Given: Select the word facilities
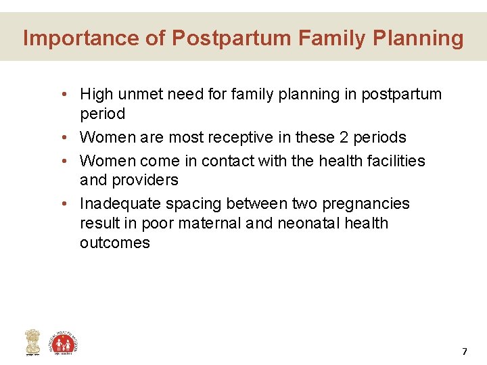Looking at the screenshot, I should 394,161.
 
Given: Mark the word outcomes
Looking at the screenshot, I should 114,243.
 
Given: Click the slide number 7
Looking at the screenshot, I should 464,351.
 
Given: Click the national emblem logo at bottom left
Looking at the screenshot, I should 32,342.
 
